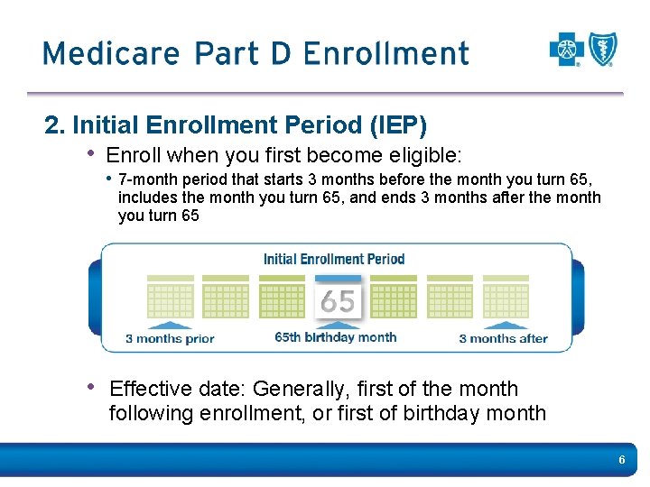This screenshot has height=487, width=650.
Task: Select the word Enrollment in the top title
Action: point(386,53)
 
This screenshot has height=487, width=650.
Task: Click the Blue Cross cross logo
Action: point(567,49)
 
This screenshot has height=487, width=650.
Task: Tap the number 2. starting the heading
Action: point(53,123)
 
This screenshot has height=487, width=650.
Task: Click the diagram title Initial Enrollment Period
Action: point(334,259)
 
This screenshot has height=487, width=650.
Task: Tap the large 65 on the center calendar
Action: point(338,301)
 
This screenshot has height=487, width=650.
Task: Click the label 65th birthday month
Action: point(336,337)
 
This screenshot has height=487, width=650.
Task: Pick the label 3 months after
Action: point(503,339)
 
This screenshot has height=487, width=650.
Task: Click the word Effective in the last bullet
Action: point(151,389)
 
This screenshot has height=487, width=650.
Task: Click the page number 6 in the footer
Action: point(621,461)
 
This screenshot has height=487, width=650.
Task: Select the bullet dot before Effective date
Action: point(91,387)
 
